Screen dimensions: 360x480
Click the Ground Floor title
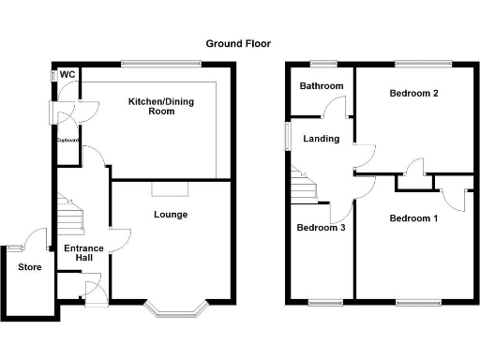239,43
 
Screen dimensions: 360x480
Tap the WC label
67,75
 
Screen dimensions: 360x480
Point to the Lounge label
171,215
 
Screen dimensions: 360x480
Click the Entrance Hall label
82,253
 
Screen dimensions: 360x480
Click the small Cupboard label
67,141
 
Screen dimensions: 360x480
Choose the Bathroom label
321,86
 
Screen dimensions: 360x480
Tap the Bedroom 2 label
415,93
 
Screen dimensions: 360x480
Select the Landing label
322,141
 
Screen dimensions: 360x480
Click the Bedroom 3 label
321,227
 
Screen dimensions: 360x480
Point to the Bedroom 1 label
413,219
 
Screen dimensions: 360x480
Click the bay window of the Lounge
173,307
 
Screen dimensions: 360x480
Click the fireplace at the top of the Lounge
171,188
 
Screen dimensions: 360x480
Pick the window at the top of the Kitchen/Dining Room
160,64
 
